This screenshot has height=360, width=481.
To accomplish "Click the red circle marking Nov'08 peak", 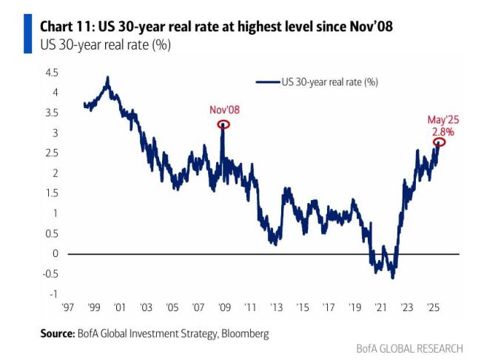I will coord(223,124).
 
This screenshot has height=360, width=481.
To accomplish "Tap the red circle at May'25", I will coord(439,142).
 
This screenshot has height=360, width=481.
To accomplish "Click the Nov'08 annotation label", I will coord(225,110).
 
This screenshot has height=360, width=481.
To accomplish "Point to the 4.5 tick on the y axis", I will coord(53,73).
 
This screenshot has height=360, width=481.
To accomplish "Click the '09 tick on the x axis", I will coord(223,307).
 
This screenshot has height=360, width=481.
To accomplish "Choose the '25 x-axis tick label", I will coord(434,307).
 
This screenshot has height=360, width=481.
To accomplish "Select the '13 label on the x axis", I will coord(276,307).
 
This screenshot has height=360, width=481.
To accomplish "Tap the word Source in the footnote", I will coord(59,334).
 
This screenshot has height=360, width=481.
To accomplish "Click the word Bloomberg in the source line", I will coord(245,334).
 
